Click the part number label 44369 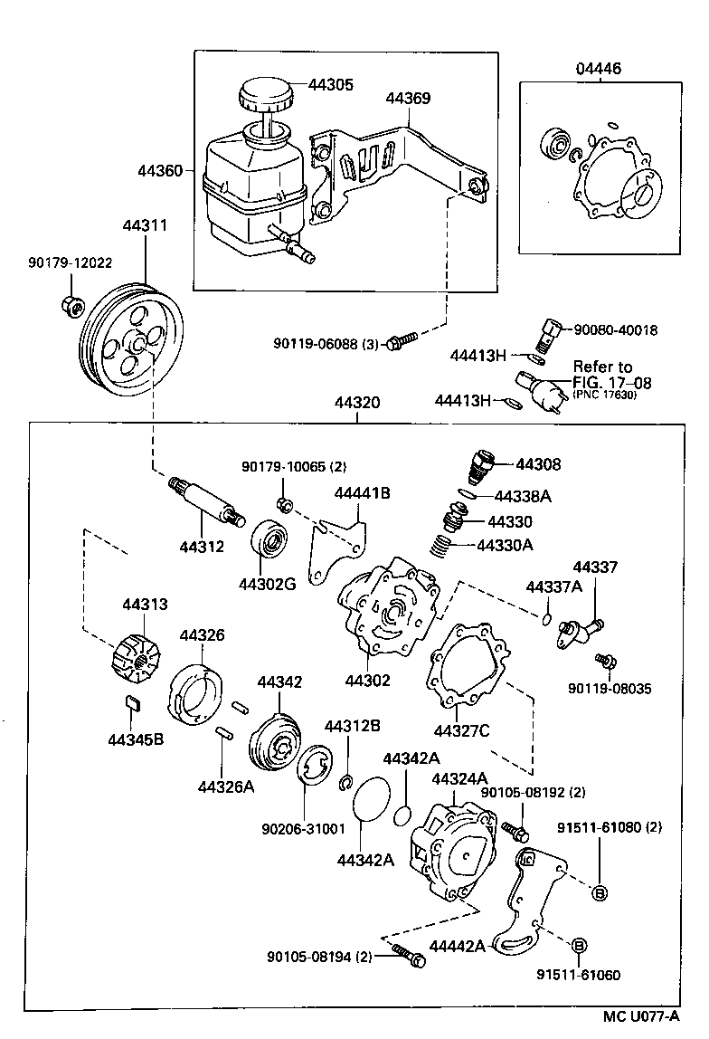point(408,98)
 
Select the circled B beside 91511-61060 point(580,945)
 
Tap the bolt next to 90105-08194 point(407,952)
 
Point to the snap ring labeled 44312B point(345,781)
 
